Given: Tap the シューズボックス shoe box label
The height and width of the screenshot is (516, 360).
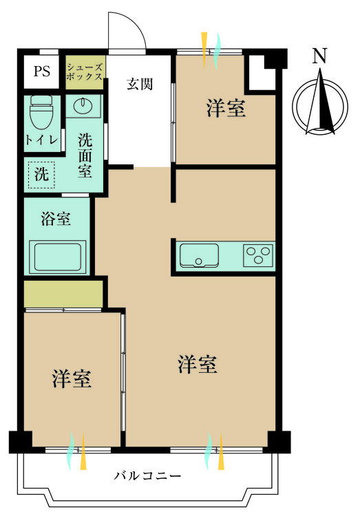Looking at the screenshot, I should tap(85, 72).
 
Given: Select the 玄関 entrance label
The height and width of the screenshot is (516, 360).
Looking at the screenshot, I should tap(139, 85).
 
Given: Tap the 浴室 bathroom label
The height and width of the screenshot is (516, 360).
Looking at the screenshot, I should tap(56, 219).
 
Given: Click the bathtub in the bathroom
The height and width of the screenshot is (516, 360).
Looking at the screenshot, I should tap(58, 257).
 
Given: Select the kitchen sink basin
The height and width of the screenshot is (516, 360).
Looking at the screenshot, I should tap(199, 255).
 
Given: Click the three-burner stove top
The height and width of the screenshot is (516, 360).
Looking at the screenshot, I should tap(258, 255).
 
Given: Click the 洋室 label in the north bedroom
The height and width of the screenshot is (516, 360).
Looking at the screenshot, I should tap(226, 109).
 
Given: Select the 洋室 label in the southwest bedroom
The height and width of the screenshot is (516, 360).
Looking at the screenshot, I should tap(72, 378).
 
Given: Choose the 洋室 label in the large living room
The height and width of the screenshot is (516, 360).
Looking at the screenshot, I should tap(198, 365).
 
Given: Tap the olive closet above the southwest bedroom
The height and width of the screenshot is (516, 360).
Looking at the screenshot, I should tap(63, 294).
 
